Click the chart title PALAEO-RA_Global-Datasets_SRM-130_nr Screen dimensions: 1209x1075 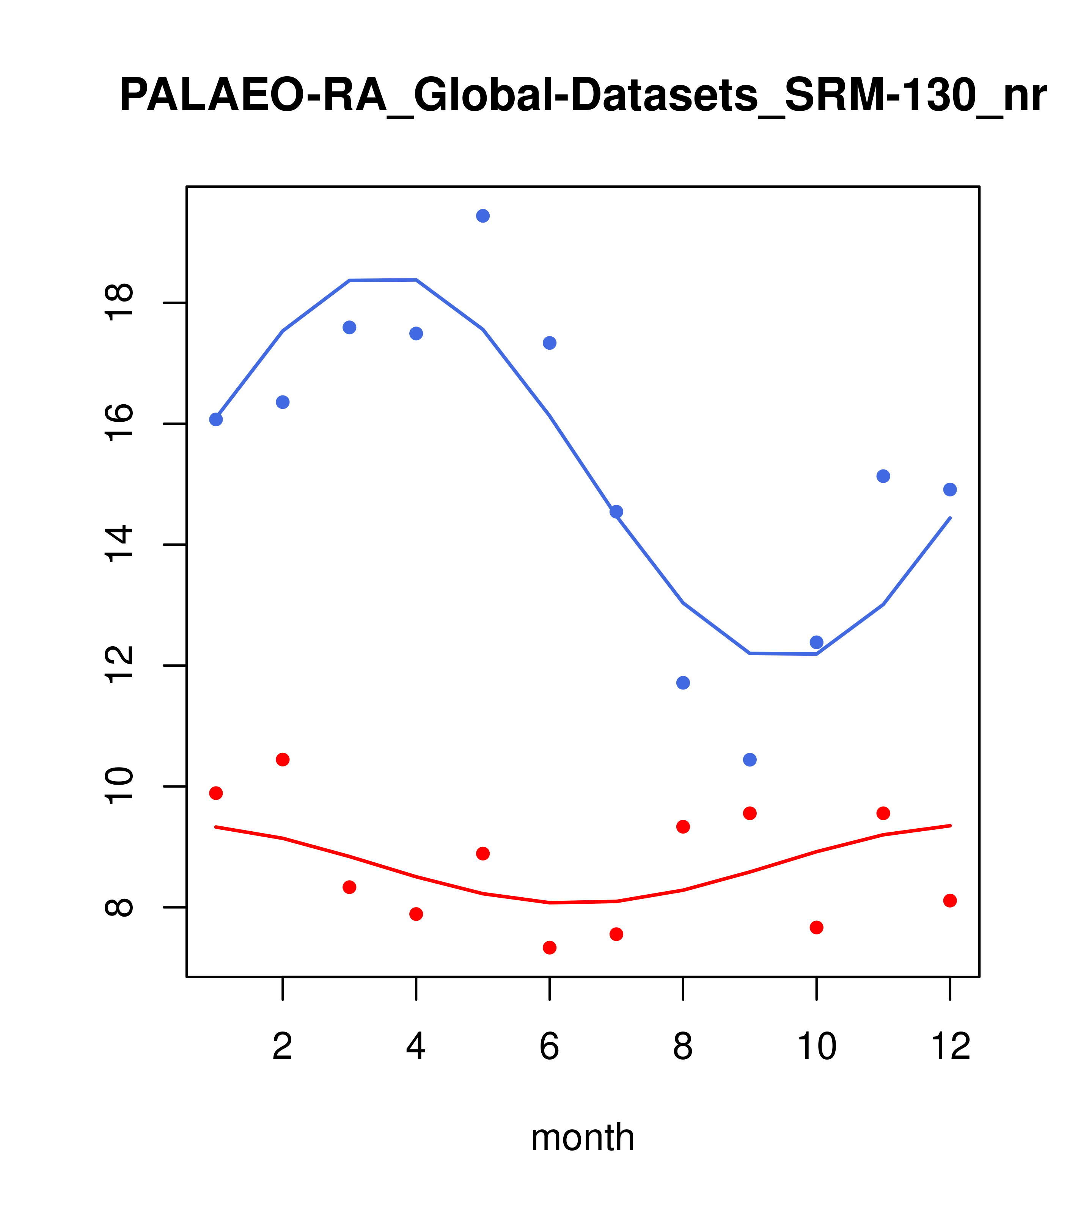point(582,96)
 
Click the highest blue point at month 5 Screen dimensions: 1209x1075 point(483,216)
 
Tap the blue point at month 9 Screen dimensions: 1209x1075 point(750,760)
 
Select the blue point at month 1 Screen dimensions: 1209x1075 point(216,419)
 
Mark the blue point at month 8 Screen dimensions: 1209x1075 point(683,683)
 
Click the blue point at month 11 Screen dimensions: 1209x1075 point(883,476)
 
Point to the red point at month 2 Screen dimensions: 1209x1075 point(283,760)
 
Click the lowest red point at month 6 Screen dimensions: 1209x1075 point(550,948)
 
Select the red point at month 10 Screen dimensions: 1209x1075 point(816,928)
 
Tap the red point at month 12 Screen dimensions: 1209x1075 point(950,901)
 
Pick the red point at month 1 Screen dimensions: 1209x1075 point(216,793)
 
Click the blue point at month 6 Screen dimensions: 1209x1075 point(550,343)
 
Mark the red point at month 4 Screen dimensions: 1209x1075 point(416,914)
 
